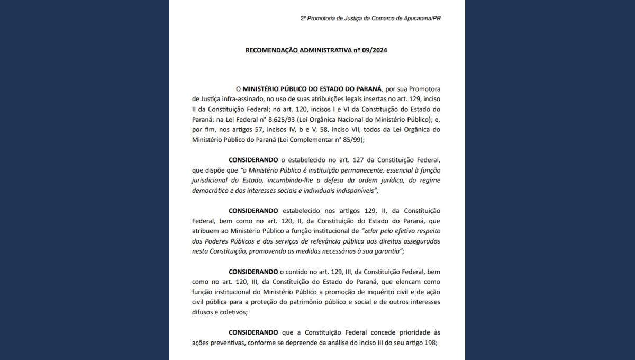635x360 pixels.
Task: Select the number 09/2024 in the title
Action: tap(375, 50)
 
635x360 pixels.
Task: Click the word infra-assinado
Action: tap(239, 99)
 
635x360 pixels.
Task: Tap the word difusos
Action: tap(202, 312)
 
